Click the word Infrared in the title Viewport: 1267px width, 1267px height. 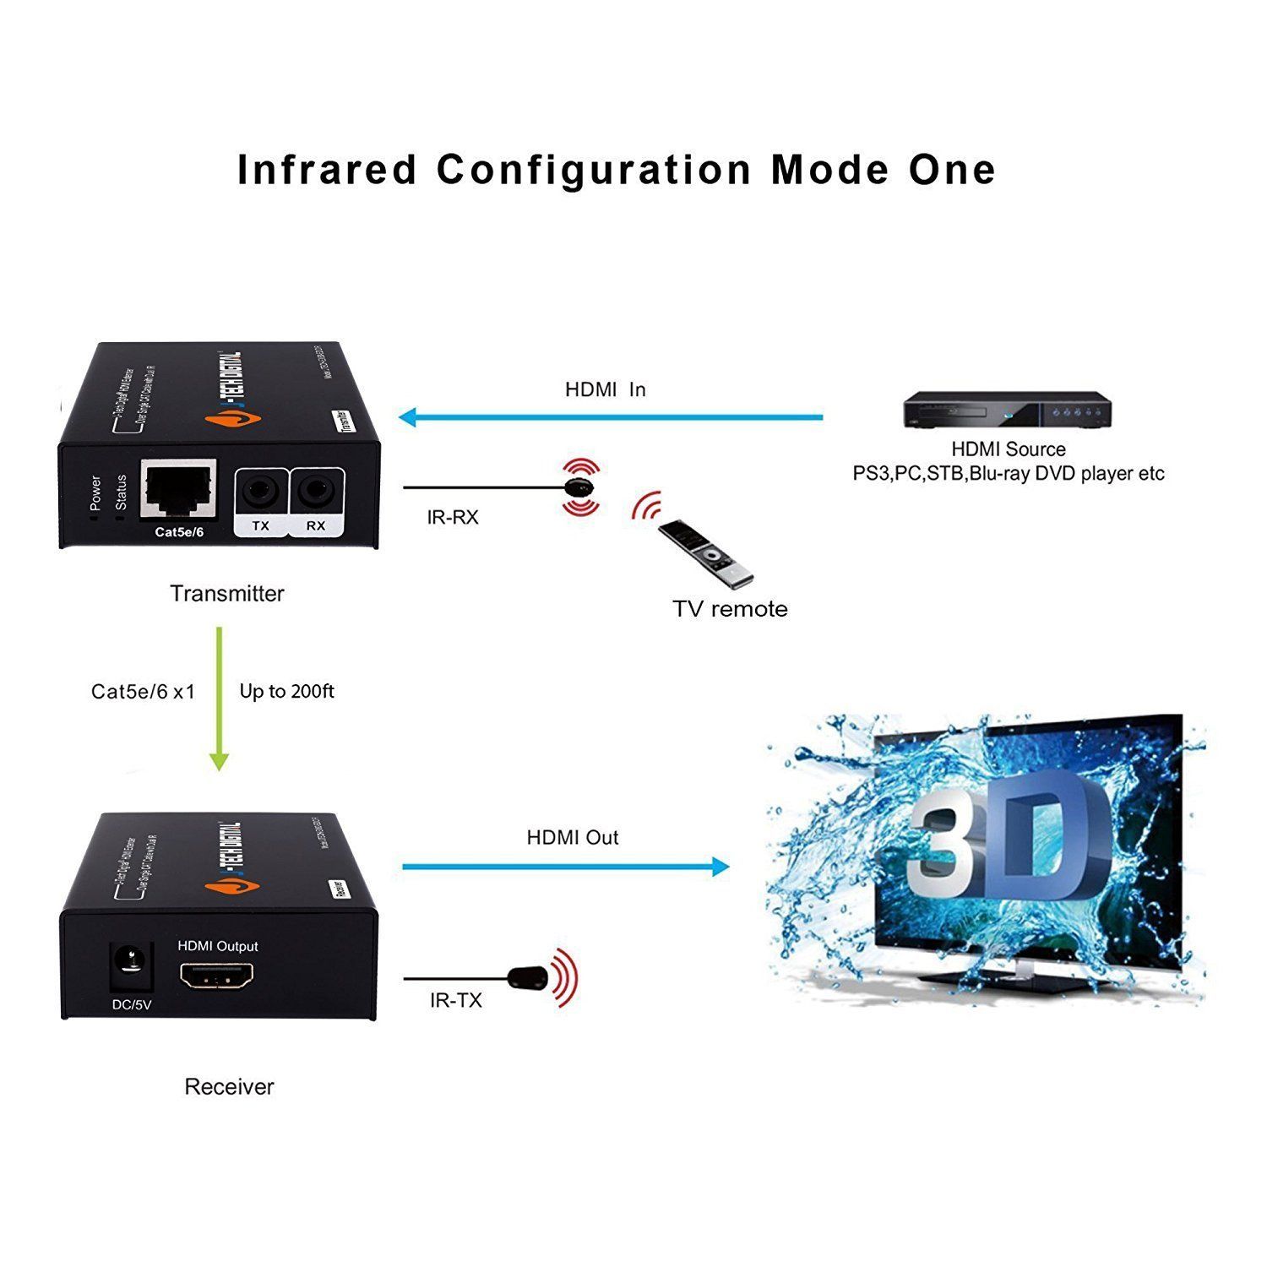point(328,170)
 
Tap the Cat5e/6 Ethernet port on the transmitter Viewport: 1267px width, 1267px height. point(178,491)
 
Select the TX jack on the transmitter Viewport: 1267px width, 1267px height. point(260,492)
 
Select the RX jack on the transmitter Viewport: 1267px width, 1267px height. point(316,492)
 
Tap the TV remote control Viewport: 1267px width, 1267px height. point(705,552)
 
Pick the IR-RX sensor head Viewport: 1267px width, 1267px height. point(579,487)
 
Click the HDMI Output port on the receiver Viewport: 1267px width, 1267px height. point(216,978)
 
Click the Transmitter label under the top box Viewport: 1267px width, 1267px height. point(226,594)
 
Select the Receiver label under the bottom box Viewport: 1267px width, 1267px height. point(229,1087)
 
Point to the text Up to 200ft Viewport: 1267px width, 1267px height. point(286,692)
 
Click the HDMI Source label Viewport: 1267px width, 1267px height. point(1008,449)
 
